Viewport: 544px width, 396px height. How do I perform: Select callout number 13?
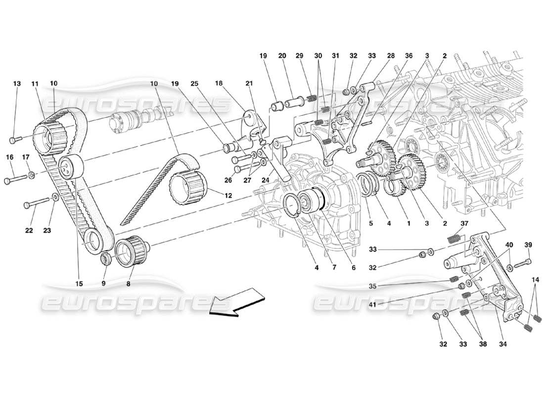click(x=17, y=84)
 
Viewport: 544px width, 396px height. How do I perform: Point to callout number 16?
click(x=9, y=157)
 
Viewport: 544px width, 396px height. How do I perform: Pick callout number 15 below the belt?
click(x=79, y=284)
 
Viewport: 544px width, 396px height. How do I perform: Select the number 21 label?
click(x=249, y=84)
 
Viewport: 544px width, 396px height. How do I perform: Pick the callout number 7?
click(x=334, y=268)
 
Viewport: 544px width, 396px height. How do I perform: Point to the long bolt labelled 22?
click(x=37, y=203)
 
